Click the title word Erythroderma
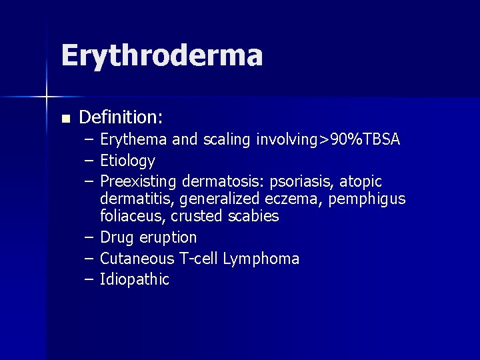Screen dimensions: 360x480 point(161,55)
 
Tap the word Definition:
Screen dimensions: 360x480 point(121,118)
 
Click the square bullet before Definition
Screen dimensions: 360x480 point(65,119)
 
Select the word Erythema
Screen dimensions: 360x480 point(134,140)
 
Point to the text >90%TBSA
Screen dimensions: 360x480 point(361,139)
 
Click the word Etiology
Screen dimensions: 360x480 point(127,161)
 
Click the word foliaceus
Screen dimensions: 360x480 point(132,217)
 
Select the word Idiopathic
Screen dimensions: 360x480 point(135,279)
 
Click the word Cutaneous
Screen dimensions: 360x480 point(137,259)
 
